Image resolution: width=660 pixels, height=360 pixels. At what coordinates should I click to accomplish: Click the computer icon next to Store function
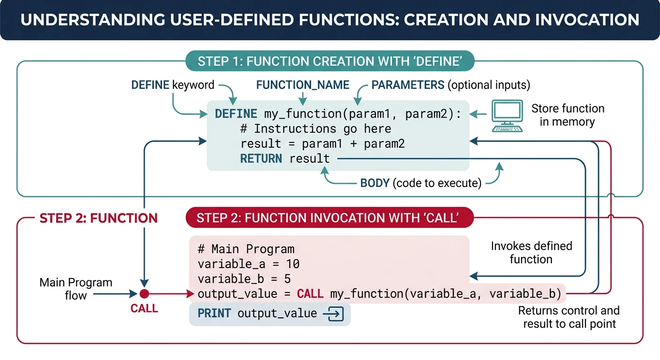tap(507, 115)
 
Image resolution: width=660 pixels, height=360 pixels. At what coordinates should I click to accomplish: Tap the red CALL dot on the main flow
tap(144, 294)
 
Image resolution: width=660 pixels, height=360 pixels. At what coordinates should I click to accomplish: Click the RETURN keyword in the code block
tap(261, 159)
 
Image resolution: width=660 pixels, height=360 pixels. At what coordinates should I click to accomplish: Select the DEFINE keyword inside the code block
tap(236, 114)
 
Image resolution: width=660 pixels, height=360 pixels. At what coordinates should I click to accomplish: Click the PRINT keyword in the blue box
tap(214, 314)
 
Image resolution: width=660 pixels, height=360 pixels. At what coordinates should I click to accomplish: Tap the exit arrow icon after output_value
tap(334, 314)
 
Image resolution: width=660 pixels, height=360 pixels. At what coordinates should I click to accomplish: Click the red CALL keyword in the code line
tap(310, 294)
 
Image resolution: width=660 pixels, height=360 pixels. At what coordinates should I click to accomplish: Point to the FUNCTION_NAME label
tap(302, 85)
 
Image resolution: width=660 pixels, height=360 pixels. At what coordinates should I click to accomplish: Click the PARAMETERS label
tap(408, 85)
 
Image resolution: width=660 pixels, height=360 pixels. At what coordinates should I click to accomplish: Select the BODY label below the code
tap(375, 183)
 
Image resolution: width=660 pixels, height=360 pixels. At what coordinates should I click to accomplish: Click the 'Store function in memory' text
tap(568, 115)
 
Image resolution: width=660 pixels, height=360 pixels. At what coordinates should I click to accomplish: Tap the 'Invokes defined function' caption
tap(531, 253)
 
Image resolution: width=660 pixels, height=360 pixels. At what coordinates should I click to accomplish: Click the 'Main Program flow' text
tap(75, 289)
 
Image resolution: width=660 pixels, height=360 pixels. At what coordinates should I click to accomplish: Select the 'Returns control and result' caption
tap(569, 317)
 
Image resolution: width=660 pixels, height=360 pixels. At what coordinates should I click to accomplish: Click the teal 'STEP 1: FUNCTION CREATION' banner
tap(330, 61)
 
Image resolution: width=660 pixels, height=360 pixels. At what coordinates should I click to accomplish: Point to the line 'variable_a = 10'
tap(248, 264)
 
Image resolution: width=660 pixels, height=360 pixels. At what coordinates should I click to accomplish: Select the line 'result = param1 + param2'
tap(322, 144)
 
